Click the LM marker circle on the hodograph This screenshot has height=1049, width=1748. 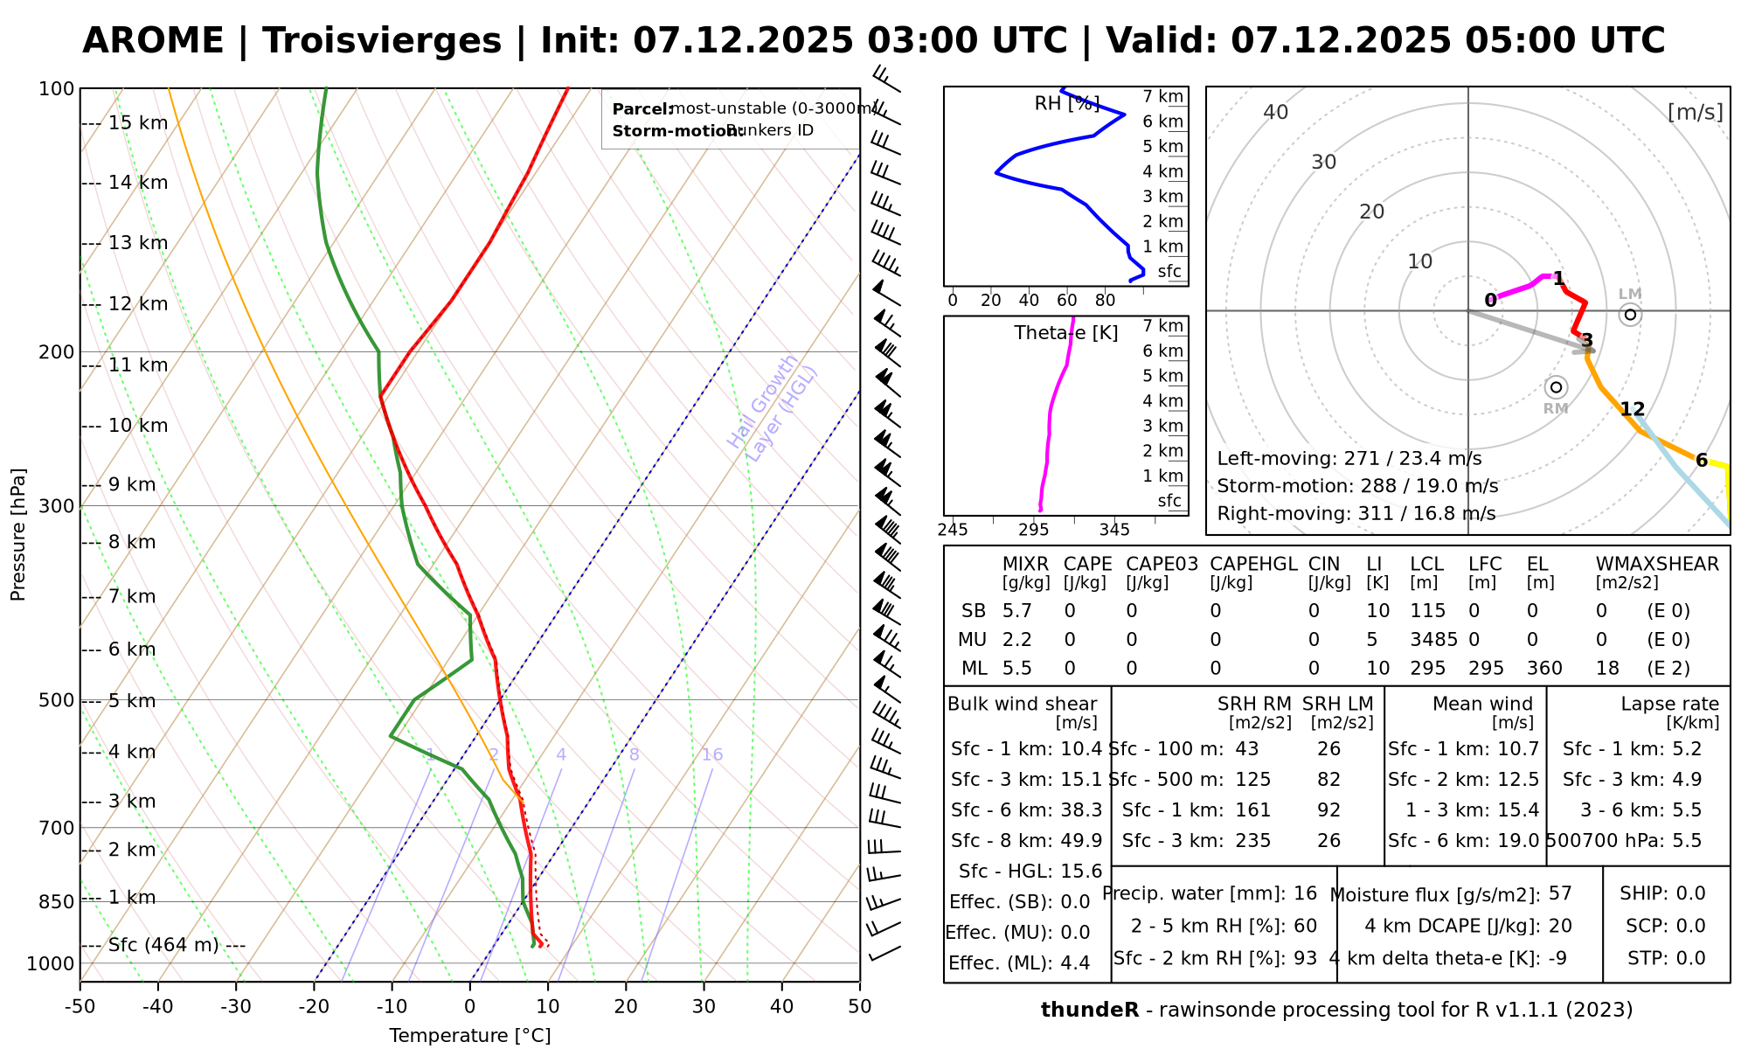pos(1630,315)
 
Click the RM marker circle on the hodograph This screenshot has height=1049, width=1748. pos(1556,387)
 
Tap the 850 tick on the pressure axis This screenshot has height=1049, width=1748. pos(57,901)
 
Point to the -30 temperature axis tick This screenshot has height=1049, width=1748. pos(236,1007)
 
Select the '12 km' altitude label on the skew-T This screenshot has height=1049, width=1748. pos(137,304)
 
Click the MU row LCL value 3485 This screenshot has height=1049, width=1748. pos(1433,640)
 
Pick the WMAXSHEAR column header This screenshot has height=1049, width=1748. pos(1657,565)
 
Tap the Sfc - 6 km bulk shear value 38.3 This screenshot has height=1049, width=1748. pos(1079,810)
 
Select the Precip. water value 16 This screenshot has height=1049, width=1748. pos(1305,893)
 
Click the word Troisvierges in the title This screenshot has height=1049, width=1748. pos(382,41)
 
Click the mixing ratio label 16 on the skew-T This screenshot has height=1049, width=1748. pos(712,755)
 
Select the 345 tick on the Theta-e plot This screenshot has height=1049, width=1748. pos(1114,530)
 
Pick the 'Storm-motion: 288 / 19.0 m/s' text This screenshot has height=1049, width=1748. pos(1357,486)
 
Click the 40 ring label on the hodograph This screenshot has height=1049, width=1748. pos(1276,112)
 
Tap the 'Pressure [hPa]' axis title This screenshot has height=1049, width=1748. pos(18,534)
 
